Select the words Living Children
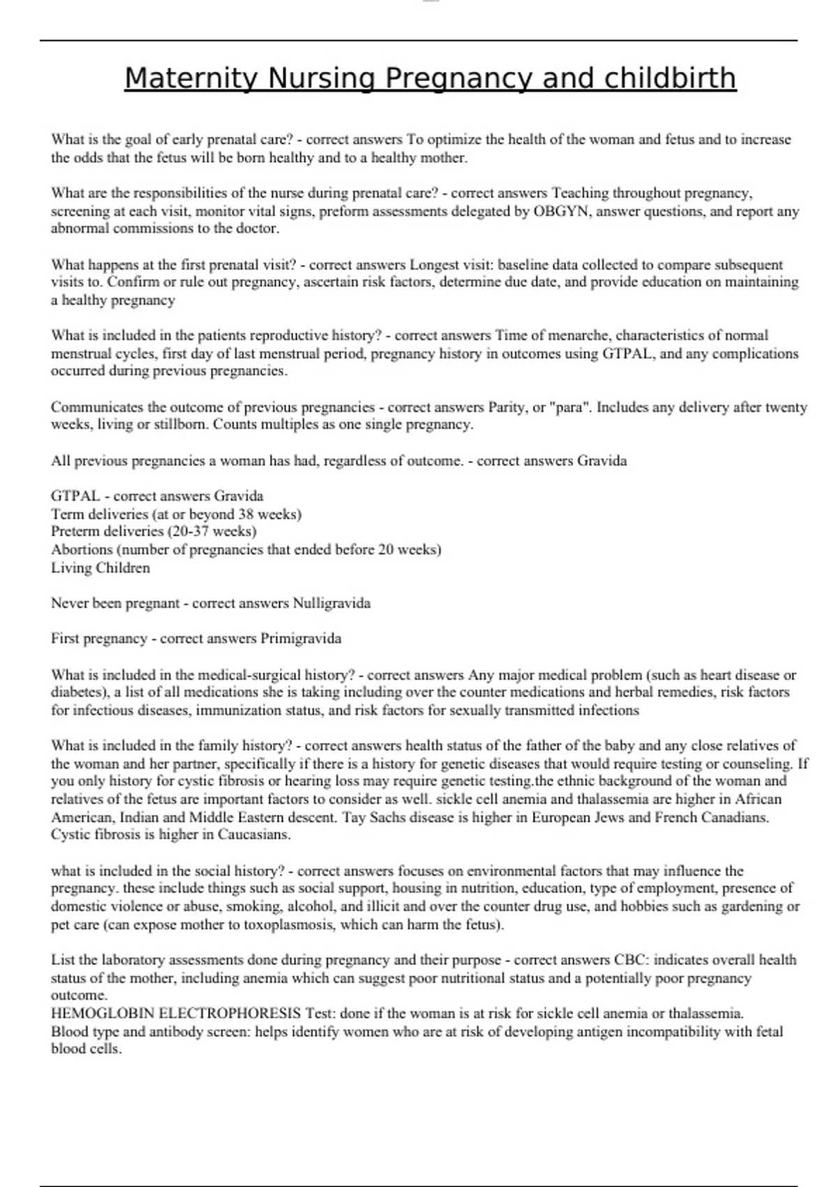(x=100, y=568)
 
